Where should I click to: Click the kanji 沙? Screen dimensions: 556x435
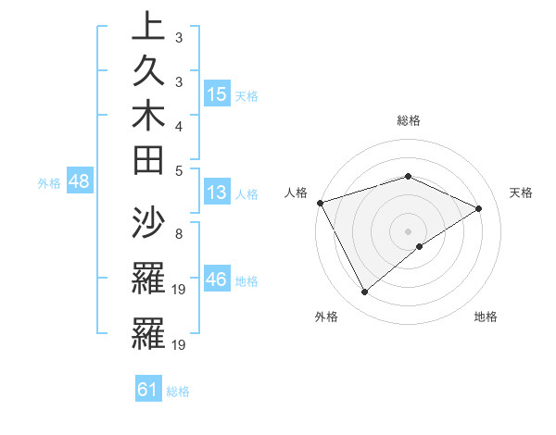click(x=149, y=223)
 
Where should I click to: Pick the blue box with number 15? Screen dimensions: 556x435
click(x=217, y=94)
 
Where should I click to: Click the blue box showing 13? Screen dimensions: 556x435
click(x=217, y=193)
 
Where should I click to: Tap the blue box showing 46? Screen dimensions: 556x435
click(x=217, y=280)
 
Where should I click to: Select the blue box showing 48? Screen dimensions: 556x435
click(x=80, y=182)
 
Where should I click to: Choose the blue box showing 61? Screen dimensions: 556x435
click(x=148, y=390)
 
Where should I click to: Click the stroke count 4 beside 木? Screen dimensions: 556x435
click(x=178, y=125)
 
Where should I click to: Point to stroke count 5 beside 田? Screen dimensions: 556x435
click(x=178, y=170)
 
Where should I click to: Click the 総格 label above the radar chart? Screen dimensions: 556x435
click(x=408, y=120)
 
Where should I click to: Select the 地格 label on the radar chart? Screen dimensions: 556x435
click(x=486, y=317)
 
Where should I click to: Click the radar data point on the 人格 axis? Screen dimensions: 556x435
click(x=320, y=202)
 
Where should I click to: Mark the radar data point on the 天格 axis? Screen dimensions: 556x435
click(x=479, y=208)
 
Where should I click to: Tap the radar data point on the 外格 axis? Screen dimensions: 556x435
click(x=364, y=292)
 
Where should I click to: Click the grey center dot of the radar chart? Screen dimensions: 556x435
click(x=408, y=230)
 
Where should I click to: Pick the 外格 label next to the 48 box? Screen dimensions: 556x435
click(x=49, y=183)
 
